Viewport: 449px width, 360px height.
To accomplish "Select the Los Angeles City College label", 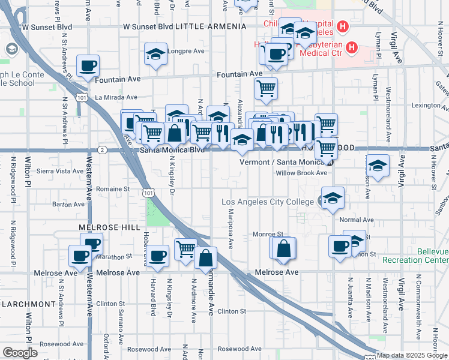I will point(268,202).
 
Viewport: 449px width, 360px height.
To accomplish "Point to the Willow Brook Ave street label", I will point(301,173).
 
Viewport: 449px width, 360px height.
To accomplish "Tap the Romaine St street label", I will point(113,189).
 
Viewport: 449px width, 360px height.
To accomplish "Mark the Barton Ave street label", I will point(68,204).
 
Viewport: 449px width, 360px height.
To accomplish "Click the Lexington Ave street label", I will point(426,106).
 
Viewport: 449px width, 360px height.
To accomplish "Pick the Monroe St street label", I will point(268,234).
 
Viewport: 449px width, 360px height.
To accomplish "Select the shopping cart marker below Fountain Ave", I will point(266,89).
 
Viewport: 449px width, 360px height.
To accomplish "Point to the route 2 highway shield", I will point(103,149).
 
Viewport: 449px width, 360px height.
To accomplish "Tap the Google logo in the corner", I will point(20,353).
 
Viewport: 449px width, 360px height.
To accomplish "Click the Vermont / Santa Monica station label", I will point(282,162).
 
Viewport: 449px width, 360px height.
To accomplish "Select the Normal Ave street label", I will point(352,220).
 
